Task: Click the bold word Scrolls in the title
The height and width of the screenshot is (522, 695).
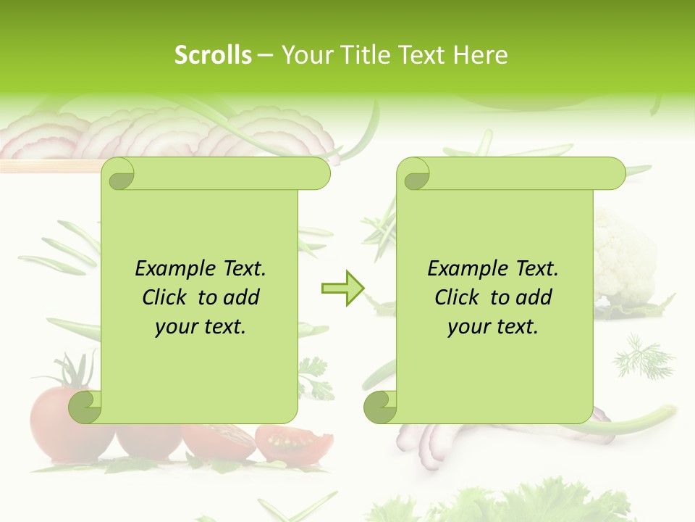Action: (214, 55)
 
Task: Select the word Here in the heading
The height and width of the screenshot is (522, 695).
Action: (480, 55)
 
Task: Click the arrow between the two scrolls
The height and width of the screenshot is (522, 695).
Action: (342, 289)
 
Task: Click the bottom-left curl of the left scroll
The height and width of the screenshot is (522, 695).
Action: (85, 407)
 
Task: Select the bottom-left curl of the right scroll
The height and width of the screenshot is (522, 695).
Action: (381, 407)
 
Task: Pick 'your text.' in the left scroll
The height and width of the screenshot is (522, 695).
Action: (201, 326)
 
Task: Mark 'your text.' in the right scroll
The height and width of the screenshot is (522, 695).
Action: (493, 326)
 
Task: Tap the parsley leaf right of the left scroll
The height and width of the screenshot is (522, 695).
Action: (314, 377)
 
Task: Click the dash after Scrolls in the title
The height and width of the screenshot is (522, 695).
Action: (265, 55)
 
